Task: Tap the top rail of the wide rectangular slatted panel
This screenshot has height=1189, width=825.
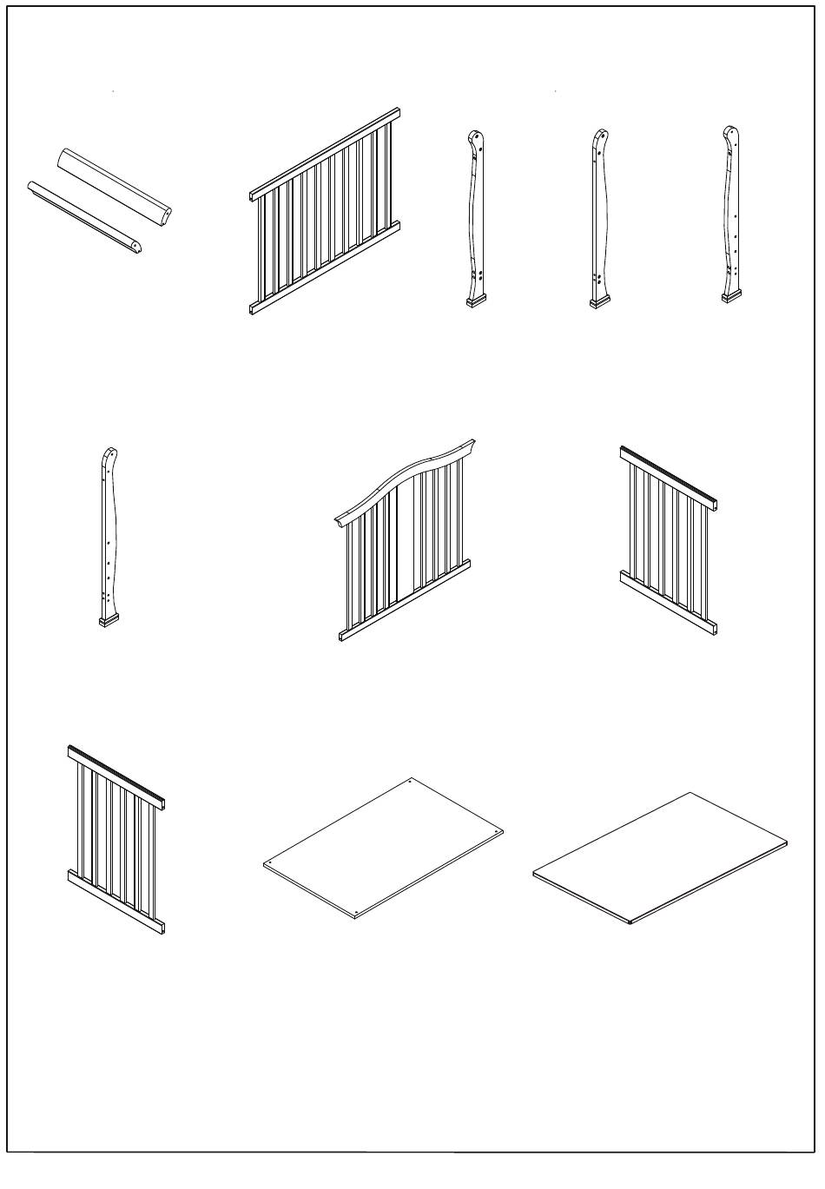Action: [323, 154]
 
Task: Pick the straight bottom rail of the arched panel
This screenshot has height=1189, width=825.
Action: [405, 600]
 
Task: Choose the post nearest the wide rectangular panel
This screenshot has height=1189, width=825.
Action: [475, 217]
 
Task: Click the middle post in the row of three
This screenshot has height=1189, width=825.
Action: [599, 217]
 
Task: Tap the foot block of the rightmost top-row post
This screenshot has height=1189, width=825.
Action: [732, 297]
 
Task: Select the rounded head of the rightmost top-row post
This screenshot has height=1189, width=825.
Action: [731, 136]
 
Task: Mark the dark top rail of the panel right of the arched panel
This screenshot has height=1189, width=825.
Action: [668, 477]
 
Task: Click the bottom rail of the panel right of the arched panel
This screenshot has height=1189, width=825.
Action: [669, 601]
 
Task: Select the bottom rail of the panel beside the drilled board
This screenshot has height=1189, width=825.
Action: [115, 901]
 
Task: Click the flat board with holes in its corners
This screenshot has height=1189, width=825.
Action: [383, 846]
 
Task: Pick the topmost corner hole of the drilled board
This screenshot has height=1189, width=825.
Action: [410, 782]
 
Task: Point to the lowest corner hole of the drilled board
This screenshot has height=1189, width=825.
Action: [358, 913]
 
